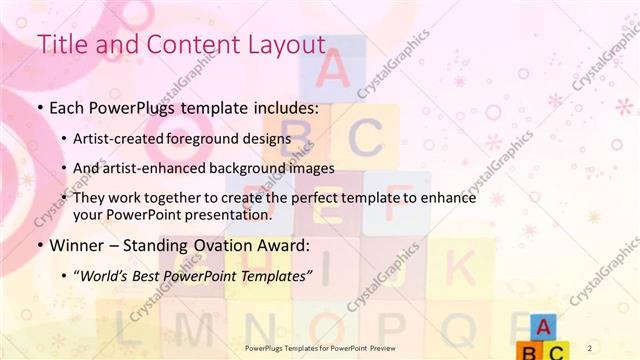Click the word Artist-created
pyautogui.click(x=114, y=138)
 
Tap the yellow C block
pyautogui.click(x=556, y=350)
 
